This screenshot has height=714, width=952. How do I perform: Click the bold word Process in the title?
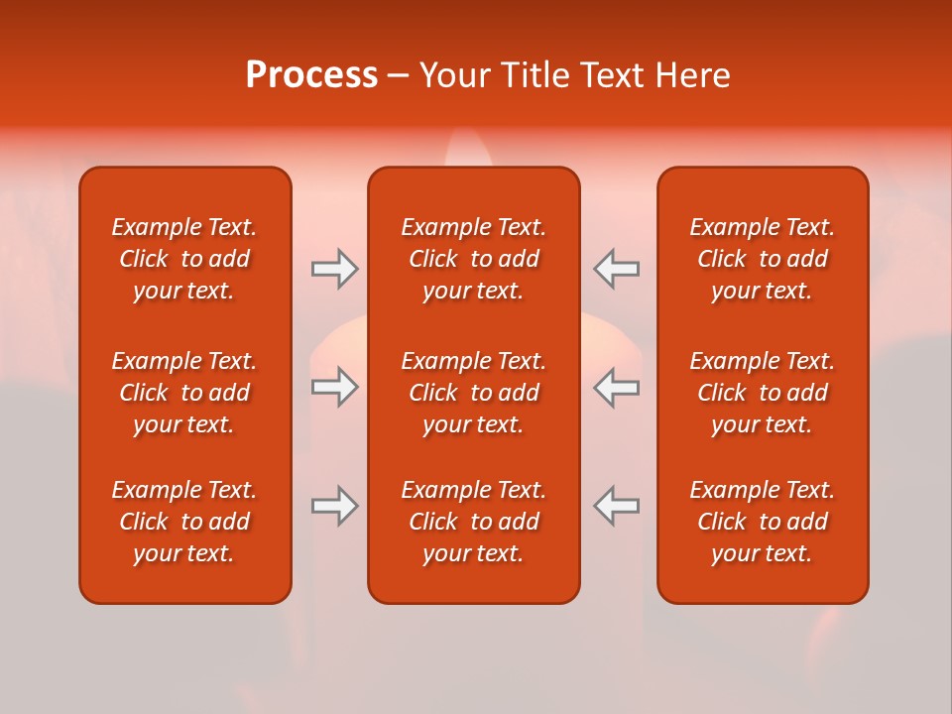click(311, 75)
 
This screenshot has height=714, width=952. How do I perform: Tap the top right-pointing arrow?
click(334, 269)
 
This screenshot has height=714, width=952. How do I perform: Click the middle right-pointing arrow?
click(334, 387)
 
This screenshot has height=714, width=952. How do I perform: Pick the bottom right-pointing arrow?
click(334, 506)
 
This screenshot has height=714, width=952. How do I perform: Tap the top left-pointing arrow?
click(617, 269)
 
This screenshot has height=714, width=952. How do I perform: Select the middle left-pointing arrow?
click(617, 387)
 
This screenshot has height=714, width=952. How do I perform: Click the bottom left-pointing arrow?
click(617, 506)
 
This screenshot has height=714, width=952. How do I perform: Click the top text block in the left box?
click(184, 259)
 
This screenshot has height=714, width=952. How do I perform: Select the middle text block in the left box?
click(184, 393)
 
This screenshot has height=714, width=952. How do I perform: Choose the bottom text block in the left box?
click(184, 522)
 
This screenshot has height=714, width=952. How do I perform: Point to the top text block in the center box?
click(473, 259)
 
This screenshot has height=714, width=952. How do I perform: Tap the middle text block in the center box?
click(473, 393)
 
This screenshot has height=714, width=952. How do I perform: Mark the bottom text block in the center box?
click(473, 522)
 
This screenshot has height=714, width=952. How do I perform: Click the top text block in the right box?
click(763, 259)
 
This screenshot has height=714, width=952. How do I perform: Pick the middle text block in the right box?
click(763, 393)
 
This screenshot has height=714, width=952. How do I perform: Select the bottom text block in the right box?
click(763, 522)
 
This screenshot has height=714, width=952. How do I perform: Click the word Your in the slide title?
click(454, 75)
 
